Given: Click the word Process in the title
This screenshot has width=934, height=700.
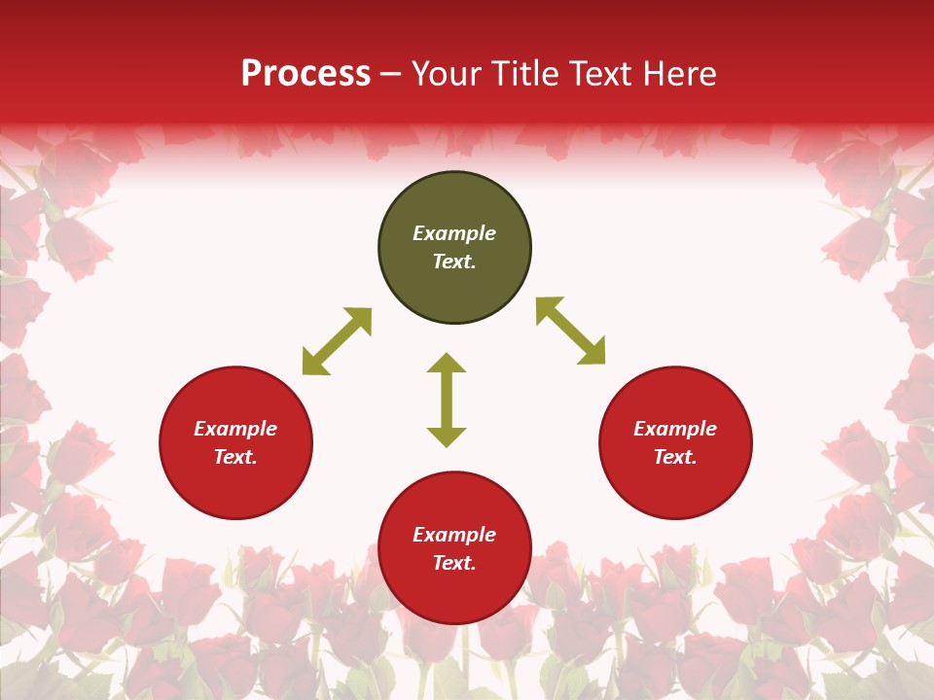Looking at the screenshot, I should [x=305, y=74].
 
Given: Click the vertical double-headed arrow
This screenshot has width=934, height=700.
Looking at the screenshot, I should [x=447, y=400].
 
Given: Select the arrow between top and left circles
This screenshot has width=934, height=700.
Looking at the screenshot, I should [x=337, y=341].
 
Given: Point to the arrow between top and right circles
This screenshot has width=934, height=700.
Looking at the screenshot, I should [x=570, y=331].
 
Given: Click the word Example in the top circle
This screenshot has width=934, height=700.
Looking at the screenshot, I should [x=454, y=233].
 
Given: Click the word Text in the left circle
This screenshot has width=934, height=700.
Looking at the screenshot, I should [x=235, y=457].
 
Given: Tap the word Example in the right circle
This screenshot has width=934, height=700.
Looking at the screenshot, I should [x=675, y=429].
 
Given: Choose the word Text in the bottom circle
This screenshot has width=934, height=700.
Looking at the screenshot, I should [x=454, y=563].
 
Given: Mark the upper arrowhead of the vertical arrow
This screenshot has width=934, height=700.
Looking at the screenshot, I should [x=447, y=364].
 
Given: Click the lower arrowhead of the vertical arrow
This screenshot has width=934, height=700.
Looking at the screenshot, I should [x=447, y=437].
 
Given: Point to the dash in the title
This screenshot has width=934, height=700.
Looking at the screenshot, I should [x=391, y=74].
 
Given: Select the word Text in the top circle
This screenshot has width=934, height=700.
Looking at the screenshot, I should [x=454, y=262].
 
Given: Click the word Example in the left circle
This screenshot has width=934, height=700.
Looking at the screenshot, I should [x=235, y=429].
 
